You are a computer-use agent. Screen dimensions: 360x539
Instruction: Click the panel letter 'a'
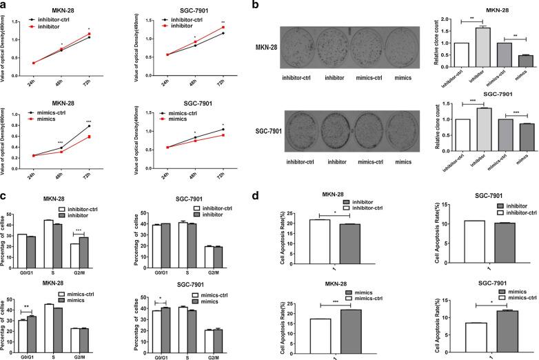click(x=5, y=6)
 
